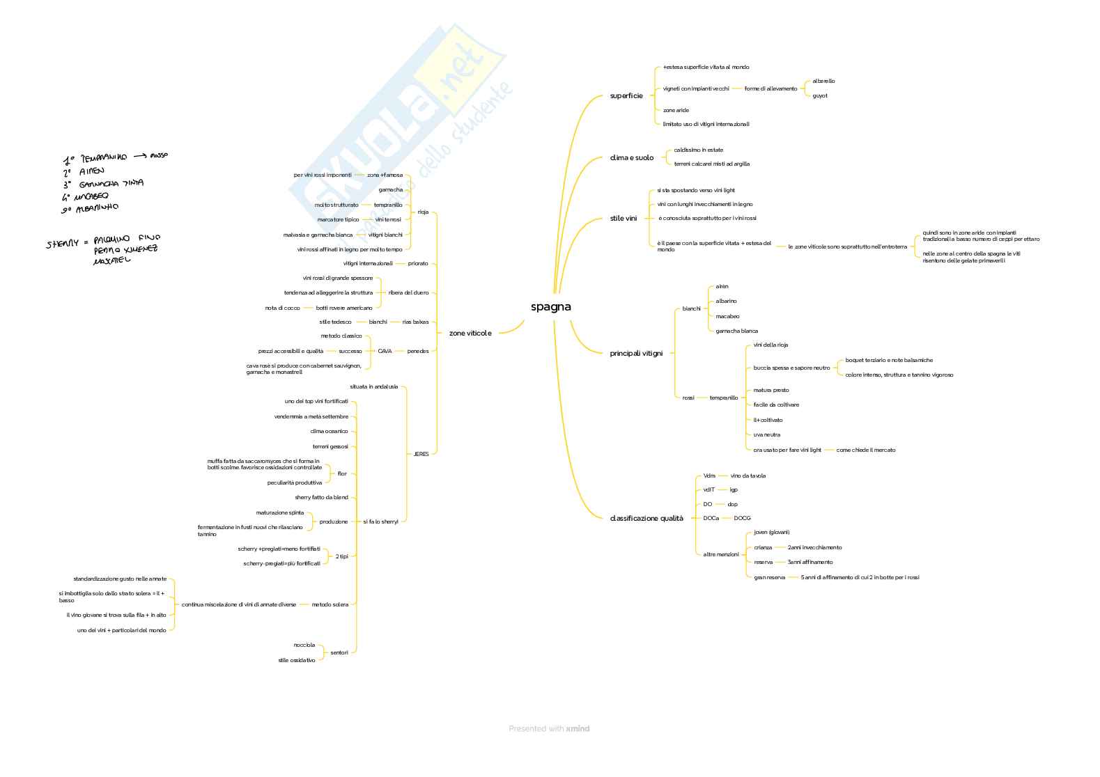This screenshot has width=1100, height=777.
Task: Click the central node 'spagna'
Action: pyautogui.click(x=550, y=307)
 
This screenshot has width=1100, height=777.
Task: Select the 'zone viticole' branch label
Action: pyautogui.click(x=470, y=333)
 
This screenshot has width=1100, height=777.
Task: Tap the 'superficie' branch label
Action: pyautogui.click(x=626, y=96)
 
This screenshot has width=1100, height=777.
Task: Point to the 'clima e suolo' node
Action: pyautogui.click(x=632, y=158)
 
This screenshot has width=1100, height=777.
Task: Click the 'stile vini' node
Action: pyautogui.click(x=623, y=219)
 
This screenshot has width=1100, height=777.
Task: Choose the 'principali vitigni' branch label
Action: pyautogui.click(x=636, y=354)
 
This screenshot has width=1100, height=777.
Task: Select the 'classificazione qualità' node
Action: pyautogui.click(x=646, y=519)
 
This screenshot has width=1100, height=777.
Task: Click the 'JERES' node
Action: pyautogui.click(x=421, y=454)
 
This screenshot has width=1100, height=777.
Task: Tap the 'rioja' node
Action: pyautogui.click(x=423, y=212)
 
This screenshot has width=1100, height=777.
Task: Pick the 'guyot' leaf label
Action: pyautogui.click(x=820, y=96)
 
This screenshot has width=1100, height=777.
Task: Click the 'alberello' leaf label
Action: pyautogui.click(x=823, y=81)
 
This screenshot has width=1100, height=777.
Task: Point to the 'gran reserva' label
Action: pyautogui.click(x=769, y=577)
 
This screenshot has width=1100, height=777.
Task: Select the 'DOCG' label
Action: pyautogui.click(x=742, y=519)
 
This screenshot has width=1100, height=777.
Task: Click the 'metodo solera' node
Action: pyautogui.click(x=330, y=605)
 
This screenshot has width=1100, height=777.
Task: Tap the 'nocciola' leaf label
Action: pyautogui.click(x=304, y=645)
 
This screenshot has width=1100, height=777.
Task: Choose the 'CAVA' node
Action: pyautogui.click(x=385, y=352)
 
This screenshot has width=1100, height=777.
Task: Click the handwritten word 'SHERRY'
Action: pyautogui.click(x=63, y=244)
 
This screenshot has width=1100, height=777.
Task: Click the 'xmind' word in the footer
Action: pyautogui.click(x=578, y=729)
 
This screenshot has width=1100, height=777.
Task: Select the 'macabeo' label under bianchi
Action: pyautogui.click(x=727, y=317)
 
